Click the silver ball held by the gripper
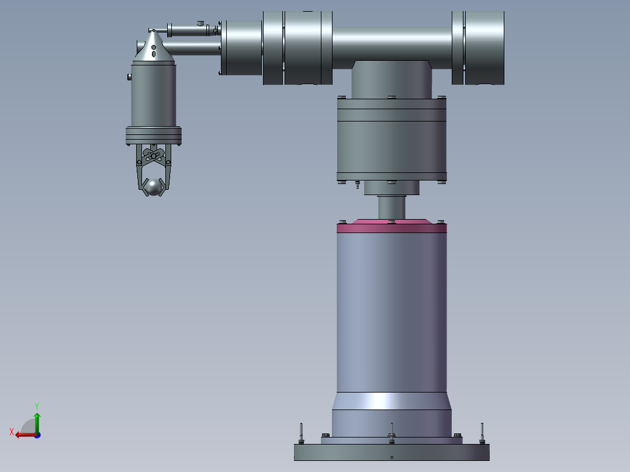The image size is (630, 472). tap(153, 187)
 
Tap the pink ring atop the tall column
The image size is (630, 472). tap(392, 227)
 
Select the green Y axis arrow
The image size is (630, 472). tap(37, 422)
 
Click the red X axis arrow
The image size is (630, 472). tap(26, 435)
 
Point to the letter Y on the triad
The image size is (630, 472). tap(37, 406)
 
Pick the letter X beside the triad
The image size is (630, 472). tap(12, 432)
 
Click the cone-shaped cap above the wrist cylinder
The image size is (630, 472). tap(154, 46)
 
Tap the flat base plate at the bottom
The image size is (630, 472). tap(392, 452)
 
